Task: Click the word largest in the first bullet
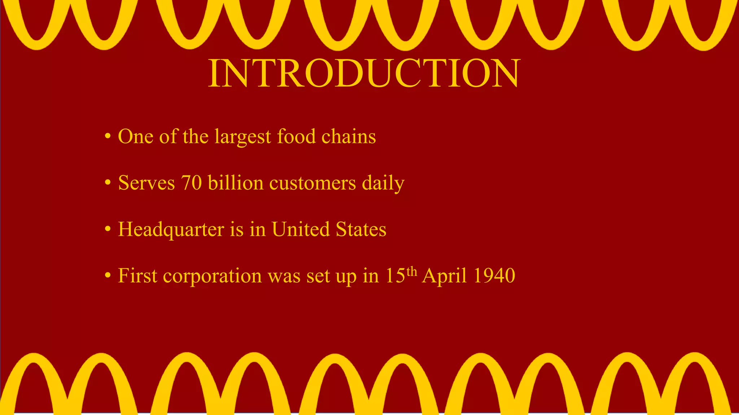coord(242,137)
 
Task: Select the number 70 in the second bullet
coord(191,183)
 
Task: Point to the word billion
coord(236,183)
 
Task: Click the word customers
coord(312,183)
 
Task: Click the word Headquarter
coord(171,230)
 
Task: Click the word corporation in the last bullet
coord(212,277)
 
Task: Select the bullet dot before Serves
coord(108,183)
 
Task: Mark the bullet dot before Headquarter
coord(108,229)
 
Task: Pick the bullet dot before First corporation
coord(108,276)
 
